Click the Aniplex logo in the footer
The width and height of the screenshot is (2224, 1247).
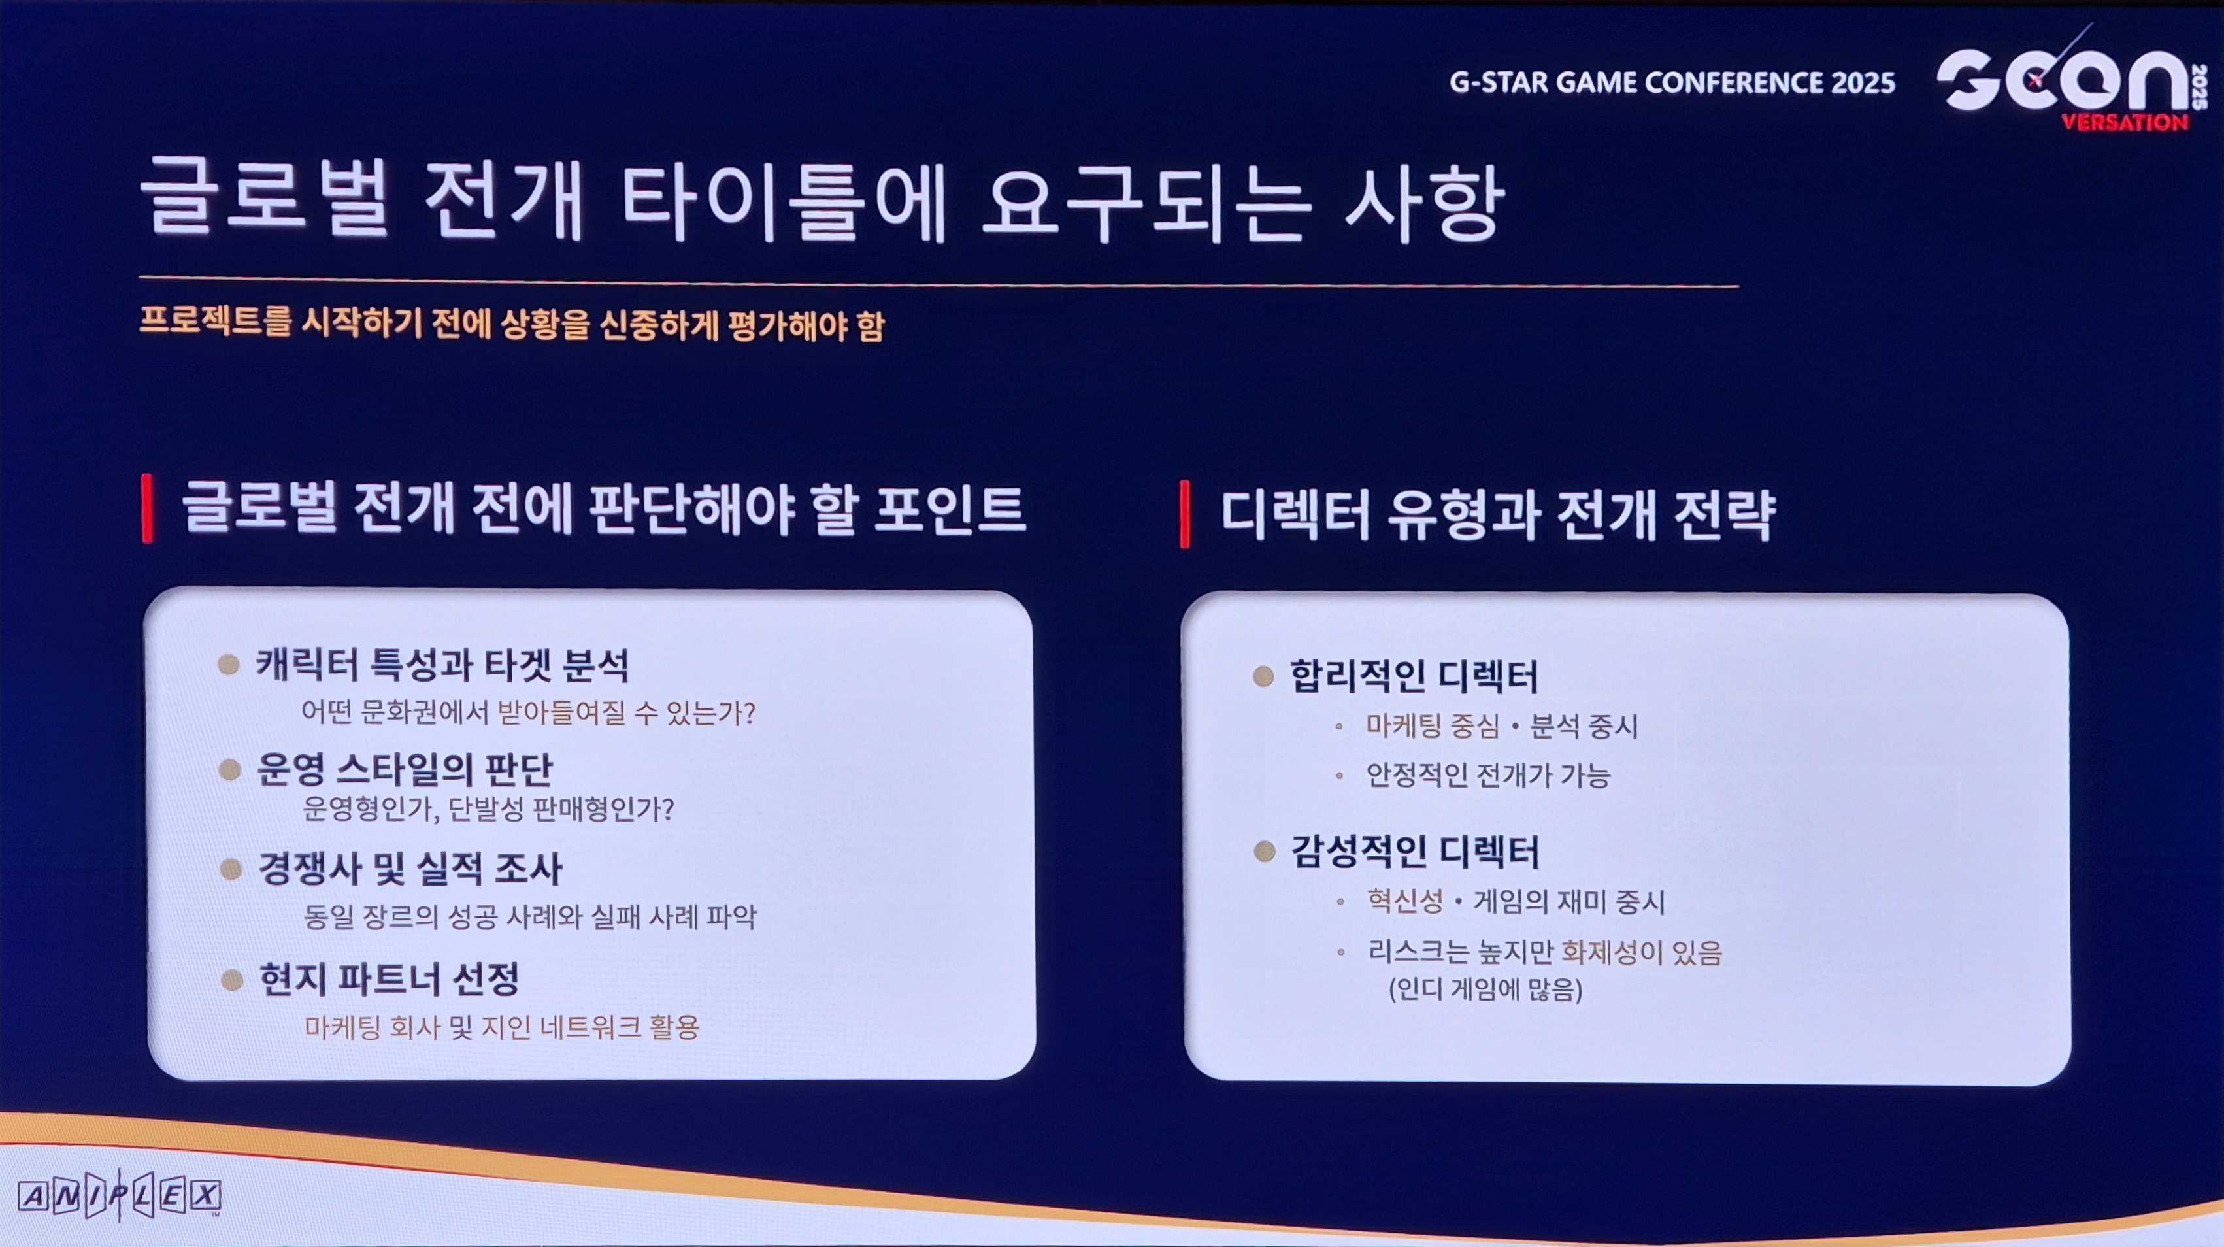[119, 1196]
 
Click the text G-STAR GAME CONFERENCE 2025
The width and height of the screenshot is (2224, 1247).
[1672, 82]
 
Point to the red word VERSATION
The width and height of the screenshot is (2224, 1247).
[2125, 122]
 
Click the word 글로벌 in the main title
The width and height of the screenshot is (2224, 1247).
[264, 199]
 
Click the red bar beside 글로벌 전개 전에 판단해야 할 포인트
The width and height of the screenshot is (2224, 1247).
[148, 508]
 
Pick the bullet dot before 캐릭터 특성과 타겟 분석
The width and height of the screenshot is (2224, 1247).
[229, 664]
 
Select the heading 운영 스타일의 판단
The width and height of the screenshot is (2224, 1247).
[405, 769]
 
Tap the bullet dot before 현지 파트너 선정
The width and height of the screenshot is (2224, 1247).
[231, 980]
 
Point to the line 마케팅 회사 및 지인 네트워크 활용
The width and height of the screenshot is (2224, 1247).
[502, 1027]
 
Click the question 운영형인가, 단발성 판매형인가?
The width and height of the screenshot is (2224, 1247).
[488, 809]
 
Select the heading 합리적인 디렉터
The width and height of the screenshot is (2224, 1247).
[1414, 676]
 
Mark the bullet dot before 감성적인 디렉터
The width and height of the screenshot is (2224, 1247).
[1265, 852]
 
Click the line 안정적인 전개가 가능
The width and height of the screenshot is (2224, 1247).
[1488, 774]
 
